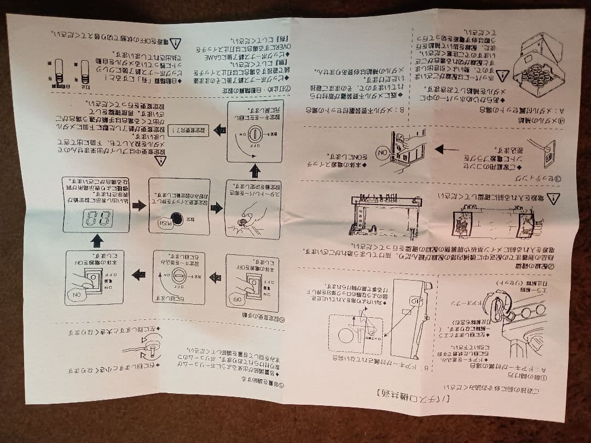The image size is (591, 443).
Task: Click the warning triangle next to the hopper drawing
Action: pos(502,75)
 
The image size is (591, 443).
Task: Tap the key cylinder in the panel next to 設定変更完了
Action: pos(253,132)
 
